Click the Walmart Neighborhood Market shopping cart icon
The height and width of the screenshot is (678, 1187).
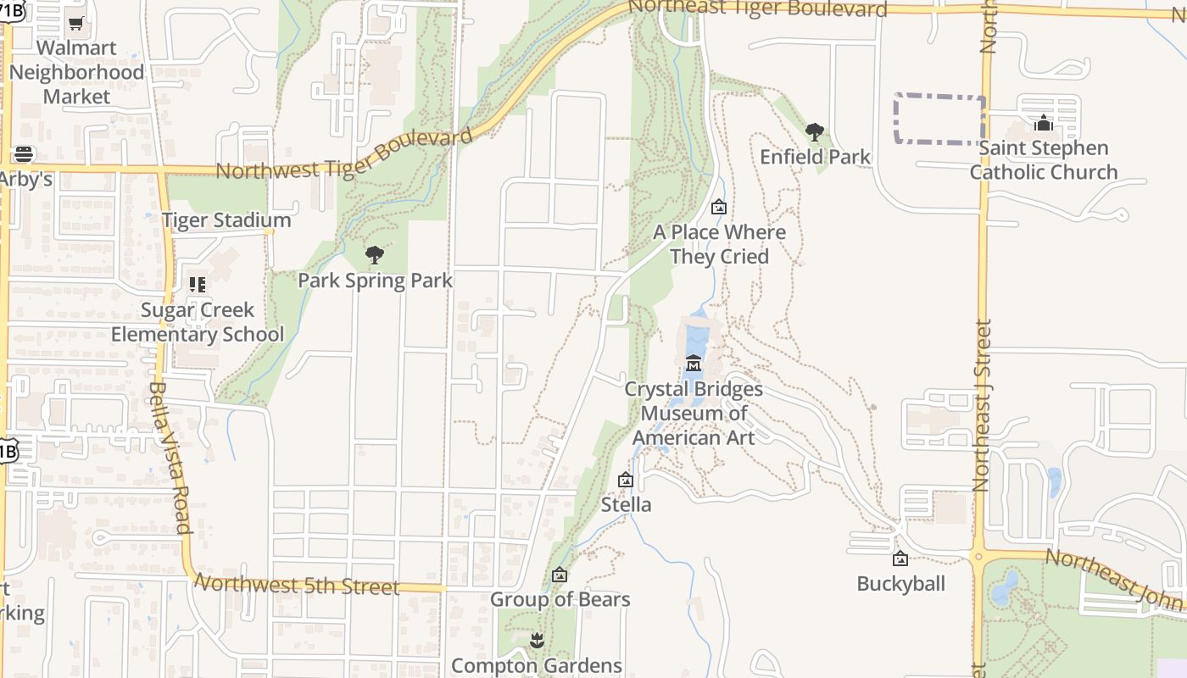click(76, 24)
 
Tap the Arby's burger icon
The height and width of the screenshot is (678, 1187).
click(24, 154)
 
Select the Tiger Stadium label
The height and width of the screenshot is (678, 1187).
click(226, 220)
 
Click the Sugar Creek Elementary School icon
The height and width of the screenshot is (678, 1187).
click(197, 285)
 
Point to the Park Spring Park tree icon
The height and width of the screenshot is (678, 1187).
click(374, 255)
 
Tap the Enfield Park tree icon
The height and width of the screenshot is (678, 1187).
click(815, 132)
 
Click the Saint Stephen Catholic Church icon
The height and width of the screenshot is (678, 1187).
click(1043, 124)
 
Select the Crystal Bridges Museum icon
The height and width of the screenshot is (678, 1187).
click(694, 364)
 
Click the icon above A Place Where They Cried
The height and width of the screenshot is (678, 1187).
click(719, 207)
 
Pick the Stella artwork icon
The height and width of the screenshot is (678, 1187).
click(626, 481)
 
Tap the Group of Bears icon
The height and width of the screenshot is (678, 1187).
click(560, 575)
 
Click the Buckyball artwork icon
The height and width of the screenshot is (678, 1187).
click(900, 559)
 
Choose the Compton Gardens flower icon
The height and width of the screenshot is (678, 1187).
click(537, 642)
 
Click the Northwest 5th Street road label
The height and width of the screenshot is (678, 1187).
click(297, 585)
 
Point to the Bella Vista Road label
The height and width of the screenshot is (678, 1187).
click(169, 458)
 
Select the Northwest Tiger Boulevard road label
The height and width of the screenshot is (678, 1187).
click(344, 154)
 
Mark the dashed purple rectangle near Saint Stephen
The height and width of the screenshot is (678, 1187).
click(939, 119)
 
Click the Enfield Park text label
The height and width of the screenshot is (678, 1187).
click(815, 157)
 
